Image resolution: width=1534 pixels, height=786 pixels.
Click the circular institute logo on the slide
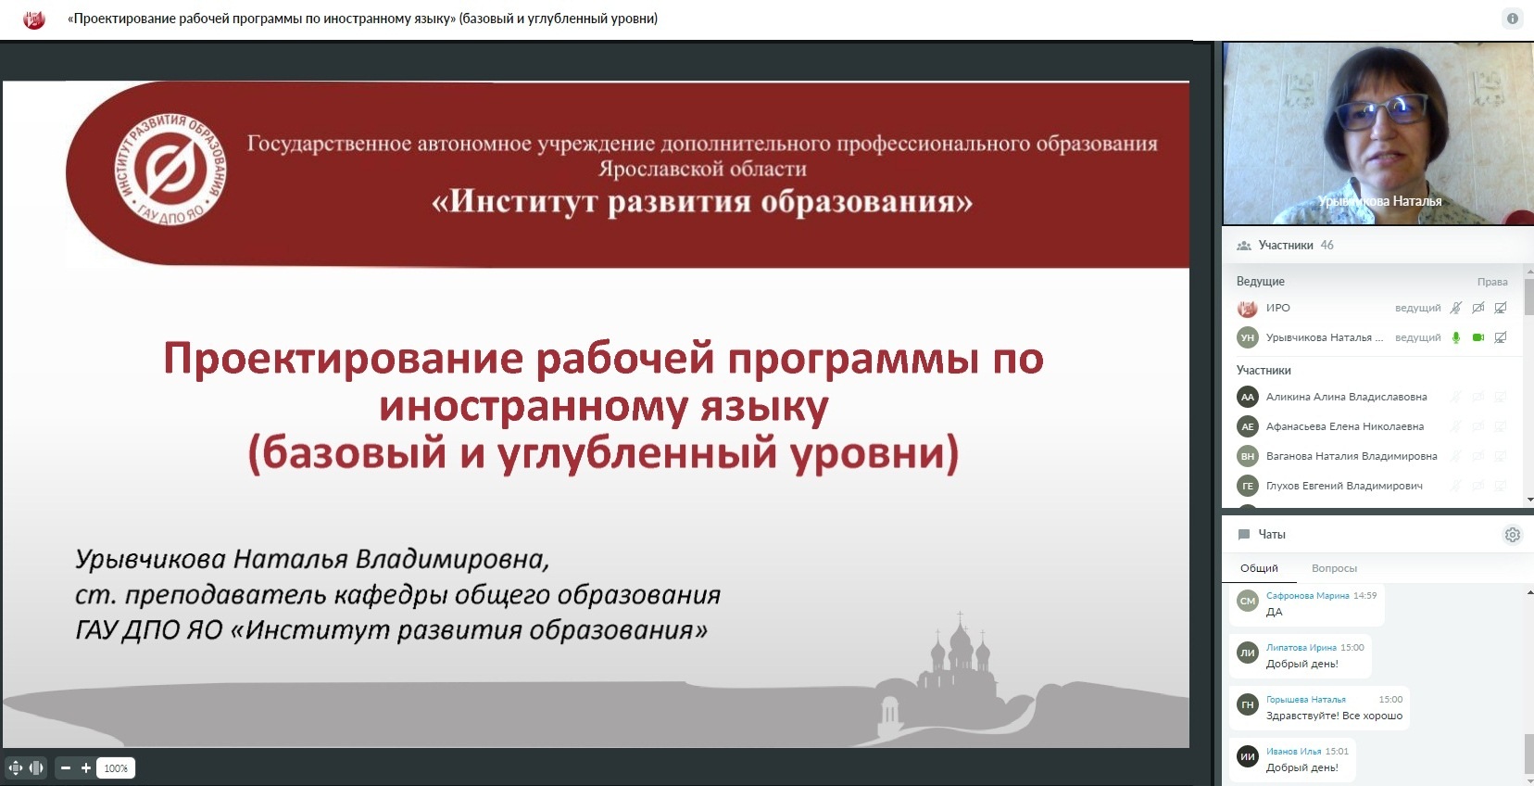point(170,170)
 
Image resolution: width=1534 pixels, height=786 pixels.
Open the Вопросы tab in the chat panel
point(1334,568)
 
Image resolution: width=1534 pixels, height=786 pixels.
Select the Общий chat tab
point(1259,568)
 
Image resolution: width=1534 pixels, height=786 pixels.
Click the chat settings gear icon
point(1512,535)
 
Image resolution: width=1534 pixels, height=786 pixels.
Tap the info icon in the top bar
point(1512,19)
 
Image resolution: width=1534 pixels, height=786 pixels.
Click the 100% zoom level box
point(116,768)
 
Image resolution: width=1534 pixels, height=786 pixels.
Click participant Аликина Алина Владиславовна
point(1346,397)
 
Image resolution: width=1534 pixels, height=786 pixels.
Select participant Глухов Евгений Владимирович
point(1343,486)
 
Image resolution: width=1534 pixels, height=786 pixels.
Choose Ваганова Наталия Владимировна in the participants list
point(1352,456)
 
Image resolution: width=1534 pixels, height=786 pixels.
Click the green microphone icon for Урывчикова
point(1456,337)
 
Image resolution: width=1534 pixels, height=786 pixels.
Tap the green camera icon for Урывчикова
point(1477,337)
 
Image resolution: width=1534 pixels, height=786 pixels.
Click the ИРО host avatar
point(1247,309)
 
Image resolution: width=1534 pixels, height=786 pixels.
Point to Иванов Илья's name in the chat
point(1293,751)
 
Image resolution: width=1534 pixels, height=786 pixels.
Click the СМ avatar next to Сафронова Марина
point(1247,601)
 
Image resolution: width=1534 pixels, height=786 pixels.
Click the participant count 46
point(1327,246)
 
